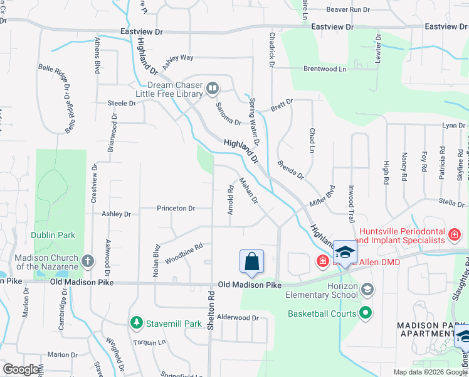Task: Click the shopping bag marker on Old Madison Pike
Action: pyautogui.click(x=251, y=262)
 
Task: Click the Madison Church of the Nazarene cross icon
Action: pyautogui.click(x=87, y=260)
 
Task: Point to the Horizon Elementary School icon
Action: pyautogui.click(x=367, y=290)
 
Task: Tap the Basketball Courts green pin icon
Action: pyautogui.click(x=367, y=312)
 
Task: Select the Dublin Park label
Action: pyautogui.click(x=53, y=236)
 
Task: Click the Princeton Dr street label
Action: pyautogui.click(x=176, y=208)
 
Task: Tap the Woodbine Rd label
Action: pyautogui.click(x=184, y=253)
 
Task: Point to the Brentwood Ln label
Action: pyautogui.click(x=325, y=68)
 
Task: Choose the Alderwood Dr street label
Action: pyautogui.click(x=238, y=318)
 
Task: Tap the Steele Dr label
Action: pyautogui.click(x=122, y=103)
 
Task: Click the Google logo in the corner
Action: pyautogui.click(x=21, y=369)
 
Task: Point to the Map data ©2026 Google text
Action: pyautogui.click(x=429, y=372)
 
